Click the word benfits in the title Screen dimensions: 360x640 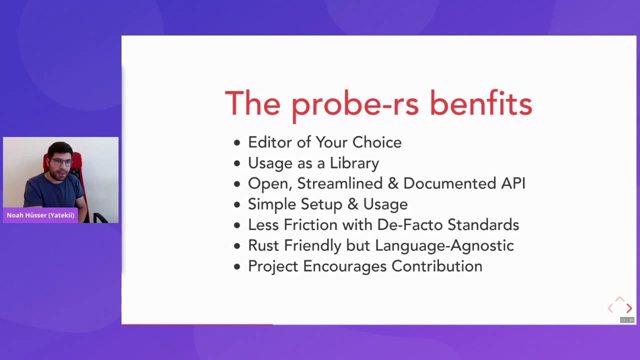(480, 104)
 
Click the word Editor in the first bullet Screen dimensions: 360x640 (270, 142)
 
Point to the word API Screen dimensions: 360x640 (513, 183)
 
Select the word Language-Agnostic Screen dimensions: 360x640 (444, 245)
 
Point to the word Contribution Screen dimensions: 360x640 (436, 266)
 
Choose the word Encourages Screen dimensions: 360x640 (345, 266)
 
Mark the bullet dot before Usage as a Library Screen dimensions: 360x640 (237, 164)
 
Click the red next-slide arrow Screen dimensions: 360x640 (629, 308)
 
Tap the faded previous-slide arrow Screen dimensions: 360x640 (610, 308)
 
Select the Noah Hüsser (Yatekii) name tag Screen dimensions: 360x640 (40, 215)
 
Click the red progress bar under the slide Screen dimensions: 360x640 (197, 324)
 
